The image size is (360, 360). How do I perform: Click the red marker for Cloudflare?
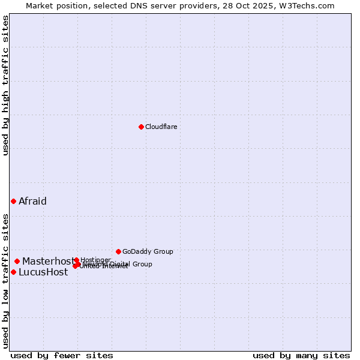[x=141, y=127]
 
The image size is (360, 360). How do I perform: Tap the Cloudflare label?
[x=161, y=127]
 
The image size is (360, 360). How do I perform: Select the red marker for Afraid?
[x=13, y=201]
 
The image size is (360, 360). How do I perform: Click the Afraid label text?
[x=32, y=201]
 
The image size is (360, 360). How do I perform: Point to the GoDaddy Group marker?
[x=118, y=251]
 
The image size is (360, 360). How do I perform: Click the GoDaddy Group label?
[x=148, y=251]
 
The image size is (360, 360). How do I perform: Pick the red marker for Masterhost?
[x=17, y=261]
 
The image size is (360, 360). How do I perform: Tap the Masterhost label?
[x=48, y=261]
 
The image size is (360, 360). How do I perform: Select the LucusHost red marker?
[x=13, y=272]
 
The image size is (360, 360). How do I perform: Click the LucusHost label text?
[x=43, y=272]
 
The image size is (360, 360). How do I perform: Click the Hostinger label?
[x=95, y=260]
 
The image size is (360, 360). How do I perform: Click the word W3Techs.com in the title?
[x=310, y=5]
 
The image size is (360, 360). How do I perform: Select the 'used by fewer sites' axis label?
[x=62, y=355]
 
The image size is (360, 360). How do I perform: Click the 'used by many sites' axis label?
[x=301, y=355]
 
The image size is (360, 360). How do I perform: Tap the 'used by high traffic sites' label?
[x=5, y=86]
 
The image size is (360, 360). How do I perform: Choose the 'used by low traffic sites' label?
[x=5, y=281]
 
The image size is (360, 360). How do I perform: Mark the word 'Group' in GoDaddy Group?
[x=163, y=251]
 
